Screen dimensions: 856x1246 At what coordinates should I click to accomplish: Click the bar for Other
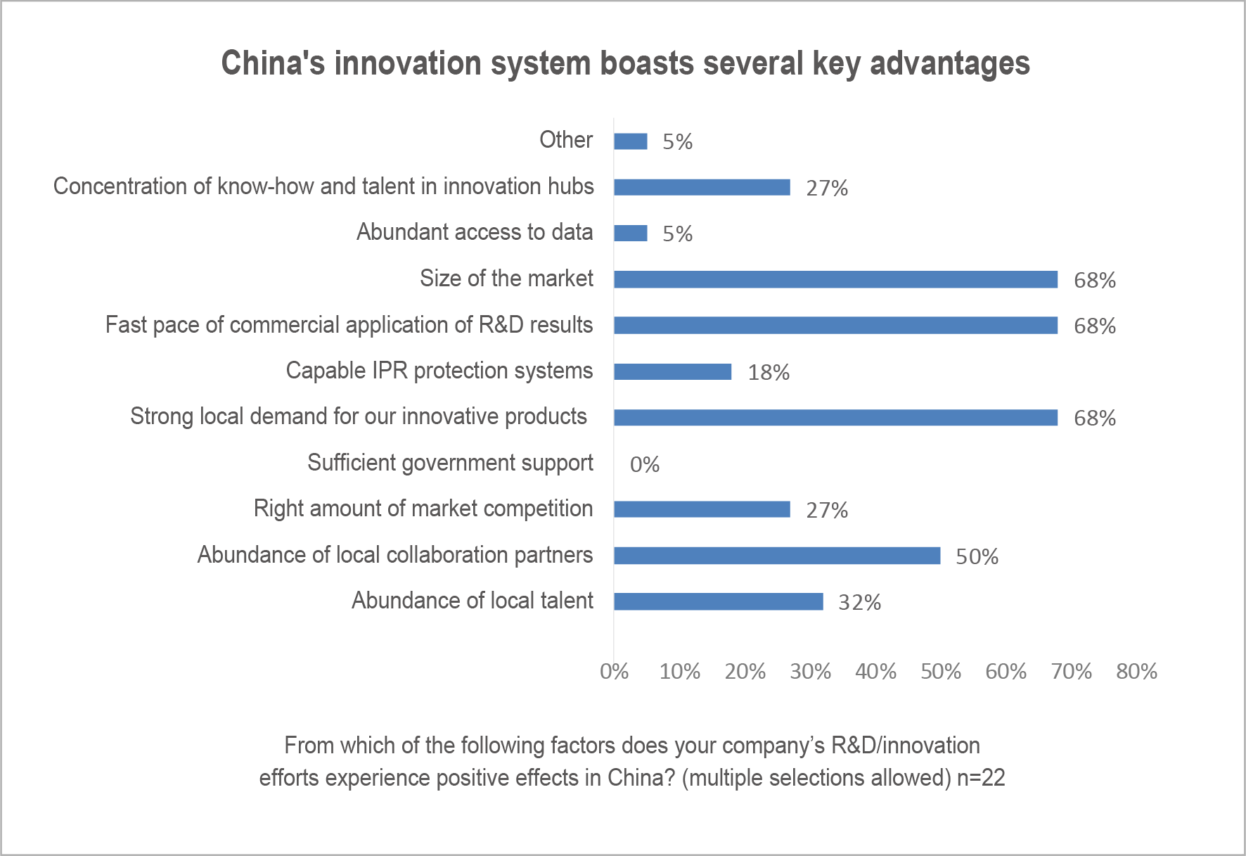click(x=630, y=141)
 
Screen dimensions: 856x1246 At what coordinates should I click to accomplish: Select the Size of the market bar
click(x=835, y=279)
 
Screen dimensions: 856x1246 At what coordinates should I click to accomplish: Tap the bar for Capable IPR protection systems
click(x=672, y=371)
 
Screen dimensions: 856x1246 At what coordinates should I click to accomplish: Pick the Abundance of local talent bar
click(x=718, y=601)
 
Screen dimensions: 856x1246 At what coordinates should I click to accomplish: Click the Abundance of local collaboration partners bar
click(x=776, y=556)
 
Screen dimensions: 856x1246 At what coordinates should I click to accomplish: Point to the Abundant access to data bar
click(x=630, y=233)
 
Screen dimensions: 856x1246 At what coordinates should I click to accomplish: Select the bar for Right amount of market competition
click(x=702, y=509)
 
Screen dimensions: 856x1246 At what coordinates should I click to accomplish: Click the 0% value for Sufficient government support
click(x=644, y=465)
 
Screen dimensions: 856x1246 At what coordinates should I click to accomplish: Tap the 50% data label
click(x=977, y=557)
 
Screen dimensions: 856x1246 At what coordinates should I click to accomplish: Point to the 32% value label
click(x=859, y=603)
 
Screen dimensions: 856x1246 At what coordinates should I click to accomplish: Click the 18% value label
click(x=769, y=373)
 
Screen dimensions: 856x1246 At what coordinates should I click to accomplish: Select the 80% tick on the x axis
click(x=1136, y=672)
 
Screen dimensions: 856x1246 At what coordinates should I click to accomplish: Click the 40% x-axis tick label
click(x=875, y=672)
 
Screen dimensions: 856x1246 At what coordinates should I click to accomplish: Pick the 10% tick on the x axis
click(x=679, y=672)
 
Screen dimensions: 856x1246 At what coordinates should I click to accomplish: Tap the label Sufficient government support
click(x=450, y=463)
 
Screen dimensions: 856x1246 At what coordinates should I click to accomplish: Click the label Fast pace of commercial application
click(x=349, y=325)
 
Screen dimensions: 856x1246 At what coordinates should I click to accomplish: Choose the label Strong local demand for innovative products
click(x=359, y=416)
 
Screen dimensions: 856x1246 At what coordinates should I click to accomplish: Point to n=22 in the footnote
click(x=981, y=778)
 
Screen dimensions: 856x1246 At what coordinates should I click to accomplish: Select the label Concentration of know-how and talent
click(x=323, y=186)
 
